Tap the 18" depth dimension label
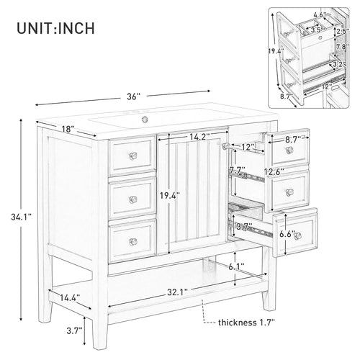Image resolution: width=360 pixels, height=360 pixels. point(68,129)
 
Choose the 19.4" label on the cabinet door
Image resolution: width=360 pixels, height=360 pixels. point(170,195)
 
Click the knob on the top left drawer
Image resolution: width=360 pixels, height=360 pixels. point(132,156)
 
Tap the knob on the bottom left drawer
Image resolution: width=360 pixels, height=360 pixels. point(132,240)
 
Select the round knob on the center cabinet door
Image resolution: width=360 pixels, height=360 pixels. point(225,146)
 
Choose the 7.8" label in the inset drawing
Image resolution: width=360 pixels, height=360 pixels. point(342,48)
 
